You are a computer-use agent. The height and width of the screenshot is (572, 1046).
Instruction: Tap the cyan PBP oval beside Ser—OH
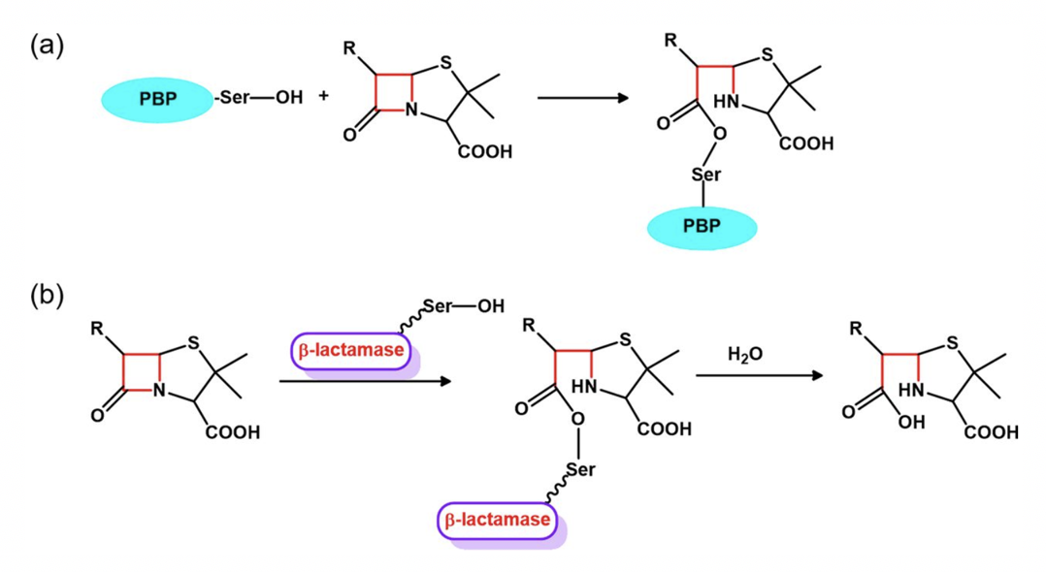[157, 100]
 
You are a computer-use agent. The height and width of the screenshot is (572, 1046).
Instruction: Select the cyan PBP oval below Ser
[702, 229]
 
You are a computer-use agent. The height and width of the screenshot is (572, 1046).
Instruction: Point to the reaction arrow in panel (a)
[580, 98]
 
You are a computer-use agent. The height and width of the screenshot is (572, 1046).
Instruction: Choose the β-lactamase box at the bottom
[500, 520]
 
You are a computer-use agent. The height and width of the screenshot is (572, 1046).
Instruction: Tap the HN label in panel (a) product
[727, 101]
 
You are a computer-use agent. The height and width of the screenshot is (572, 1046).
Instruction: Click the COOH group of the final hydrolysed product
[991, 431]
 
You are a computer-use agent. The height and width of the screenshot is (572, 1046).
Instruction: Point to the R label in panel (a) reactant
[349, 46]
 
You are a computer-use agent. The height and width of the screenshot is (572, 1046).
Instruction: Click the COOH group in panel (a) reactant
[485, 152]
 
